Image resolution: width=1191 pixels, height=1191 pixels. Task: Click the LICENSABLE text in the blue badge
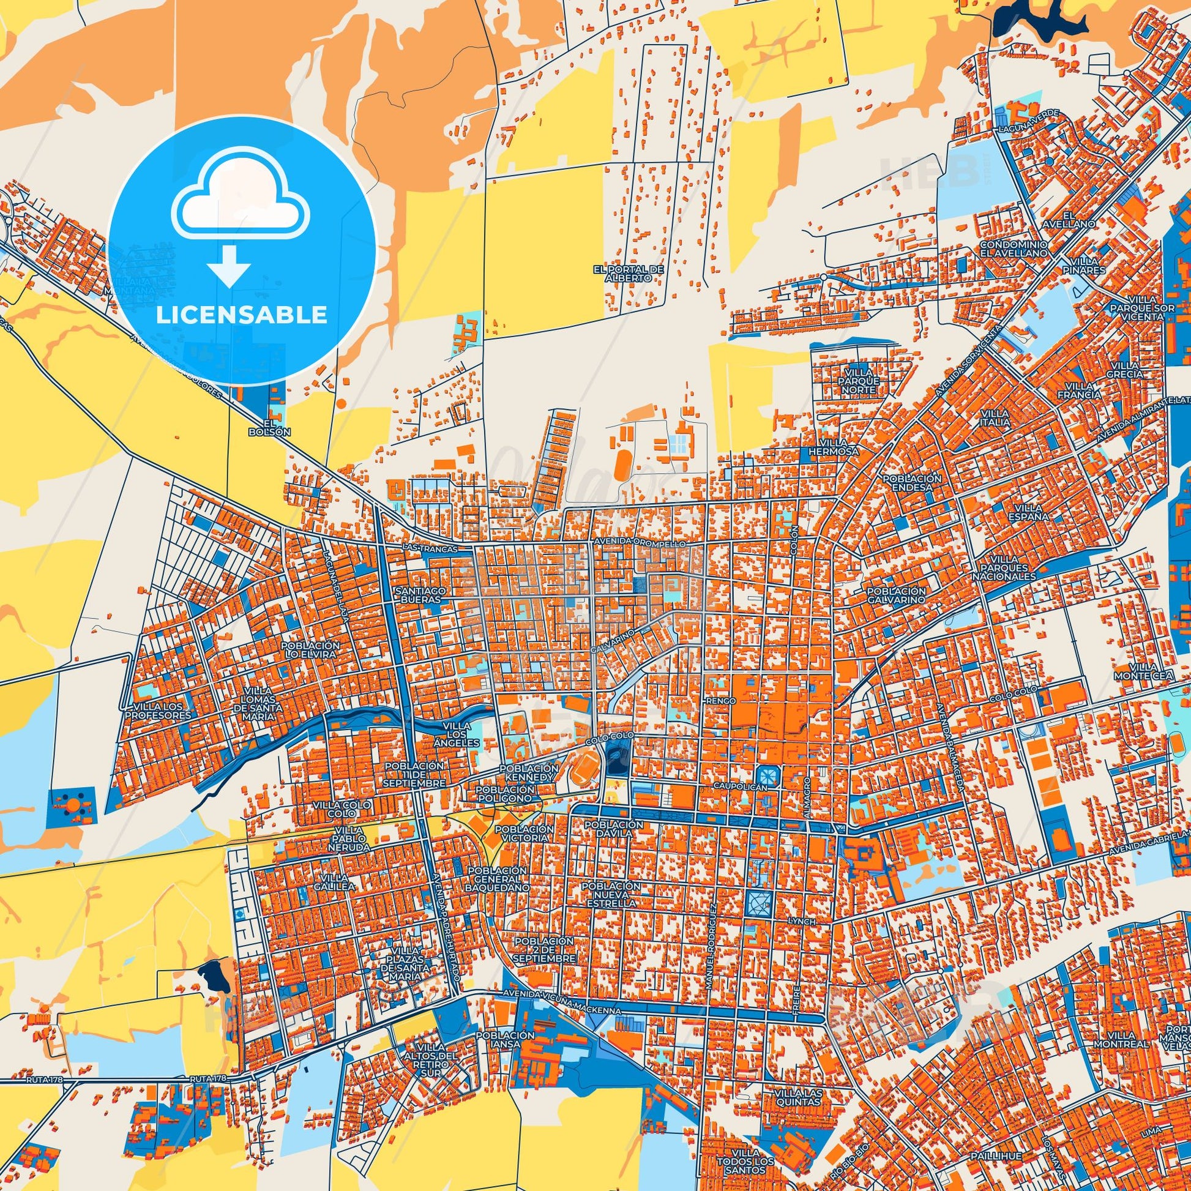(241, 315)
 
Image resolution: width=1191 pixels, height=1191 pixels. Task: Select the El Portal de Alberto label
(628, 274)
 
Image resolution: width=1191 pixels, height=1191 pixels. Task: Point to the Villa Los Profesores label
(158, 711)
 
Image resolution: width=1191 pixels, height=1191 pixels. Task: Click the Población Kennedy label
(528, 773)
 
